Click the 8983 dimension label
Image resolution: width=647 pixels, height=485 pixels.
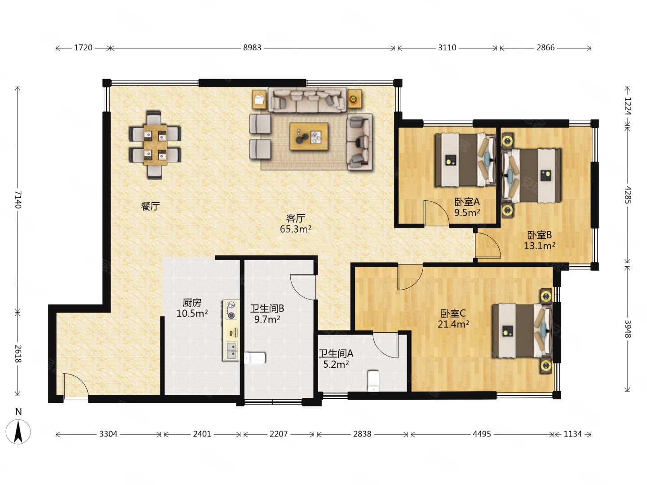click(x=252, y=48)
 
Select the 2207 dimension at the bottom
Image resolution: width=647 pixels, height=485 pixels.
click(x=278, y=434)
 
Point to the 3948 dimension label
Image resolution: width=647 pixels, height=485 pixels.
click(x=627, y=329)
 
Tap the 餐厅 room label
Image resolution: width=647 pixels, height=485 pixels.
click(x=151, y=206)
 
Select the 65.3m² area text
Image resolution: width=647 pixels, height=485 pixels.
click(x=295, y=229)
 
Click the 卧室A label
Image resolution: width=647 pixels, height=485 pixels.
click(x=467, y=202)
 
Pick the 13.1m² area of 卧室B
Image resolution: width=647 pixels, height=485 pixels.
click(x=540, y=246)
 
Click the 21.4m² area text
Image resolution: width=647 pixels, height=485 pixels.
click(x=453, y=324)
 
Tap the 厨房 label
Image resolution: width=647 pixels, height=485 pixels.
click(x=192, y=302)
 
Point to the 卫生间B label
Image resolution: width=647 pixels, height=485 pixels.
click(x=267, y=309)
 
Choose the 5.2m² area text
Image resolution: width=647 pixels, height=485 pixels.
click(x=336, y=364)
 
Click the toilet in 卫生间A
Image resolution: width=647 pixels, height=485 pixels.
click(x=373, y=381)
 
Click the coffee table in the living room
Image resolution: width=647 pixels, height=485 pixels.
click(x=309, y=137)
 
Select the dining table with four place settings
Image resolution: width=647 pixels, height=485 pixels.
click(x=155, y=145)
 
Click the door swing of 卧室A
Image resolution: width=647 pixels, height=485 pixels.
click(x=436, y=213)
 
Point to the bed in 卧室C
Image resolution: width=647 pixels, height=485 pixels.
click(x=522, y=331)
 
